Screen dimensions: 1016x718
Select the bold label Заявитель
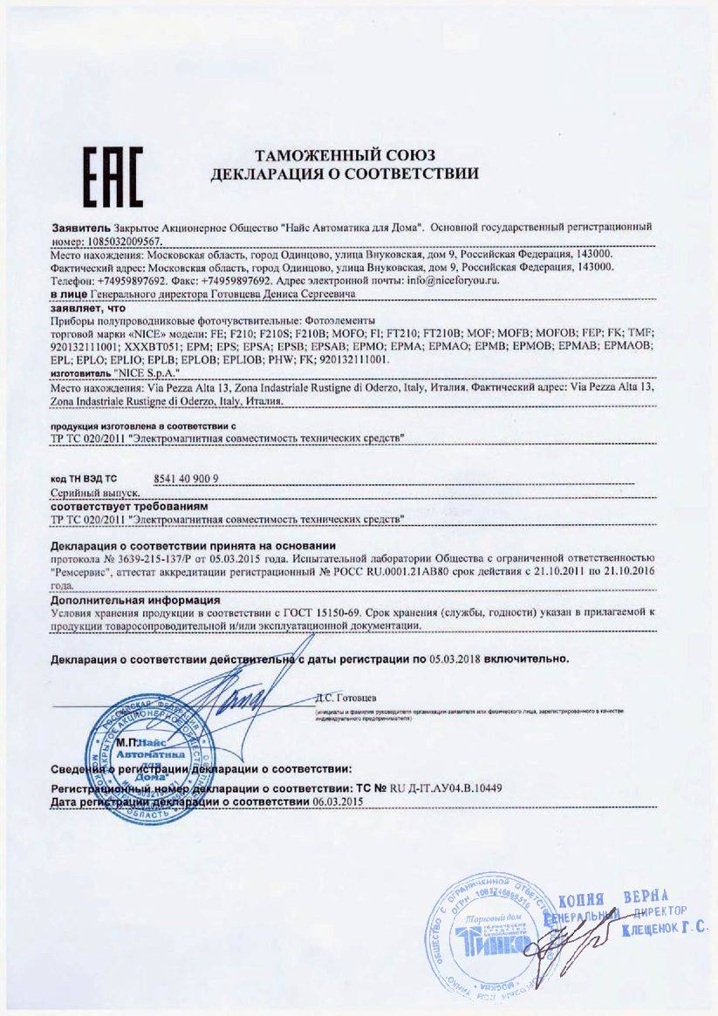[x=80, y=226]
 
